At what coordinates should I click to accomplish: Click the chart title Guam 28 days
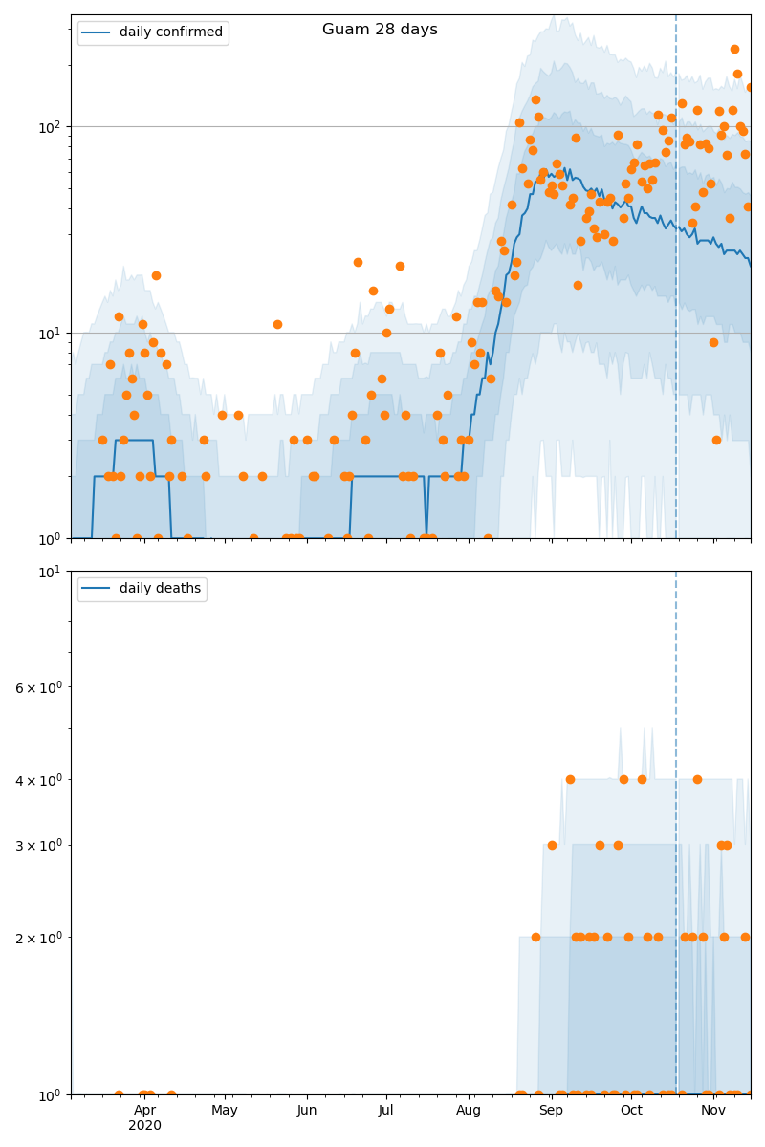(380, 30)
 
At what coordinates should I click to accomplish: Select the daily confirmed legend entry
(170, 32)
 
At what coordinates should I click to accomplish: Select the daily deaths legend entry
(159, 589)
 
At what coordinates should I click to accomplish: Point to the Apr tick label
(144, 1111)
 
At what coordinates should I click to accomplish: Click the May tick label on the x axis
(225, 1111)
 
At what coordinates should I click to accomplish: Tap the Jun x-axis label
(307, 1111)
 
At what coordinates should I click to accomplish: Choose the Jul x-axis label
(385, 1111)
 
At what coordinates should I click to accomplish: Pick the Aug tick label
(469, 1111)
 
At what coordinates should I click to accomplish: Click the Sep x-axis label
(551, 1111)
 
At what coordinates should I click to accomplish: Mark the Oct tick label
(631, 1111)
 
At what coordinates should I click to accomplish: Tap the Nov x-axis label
(713, 1111)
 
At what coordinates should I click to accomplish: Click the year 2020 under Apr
(144, 1126)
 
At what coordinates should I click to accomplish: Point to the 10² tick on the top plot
(50, 126)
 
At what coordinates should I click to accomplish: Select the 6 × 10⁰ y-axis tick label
(39, 687)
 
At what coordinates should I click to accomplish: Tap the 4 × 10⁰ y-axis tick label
(39, 780)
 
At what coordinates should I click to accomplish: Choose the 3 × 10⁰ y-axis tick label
(39, 845)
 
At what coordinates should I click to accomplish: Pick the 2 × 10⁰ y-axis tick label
(39, 938)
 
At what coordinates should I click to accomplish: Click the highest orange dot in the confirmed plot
(734, 49)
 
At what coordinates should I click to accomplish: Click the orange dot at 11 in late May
(277, 324)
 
